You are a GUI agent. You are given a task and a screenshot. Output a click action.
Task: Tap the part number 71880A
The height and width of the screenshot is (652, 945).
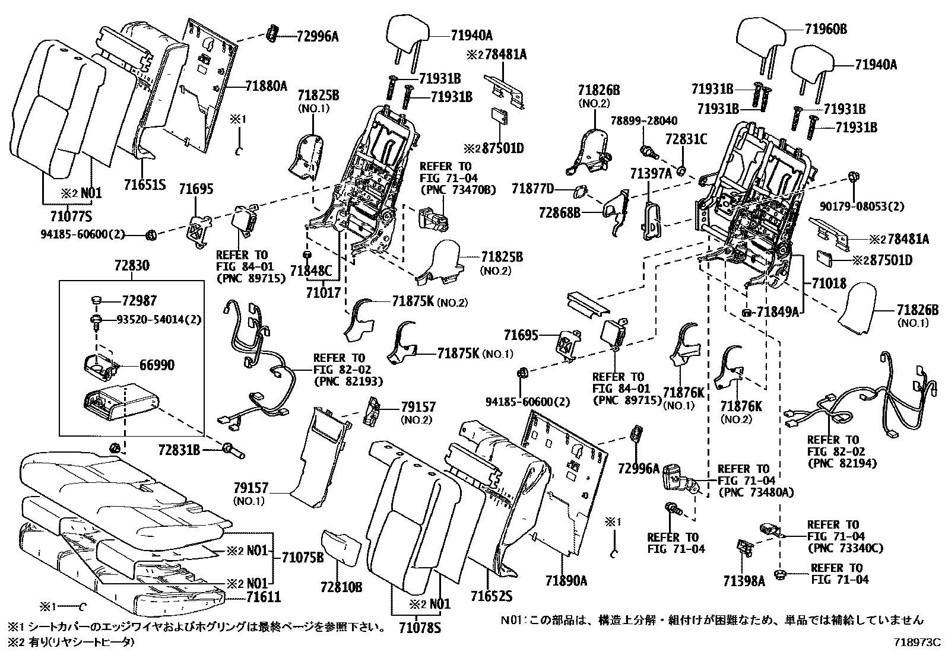click(x=266, y=87)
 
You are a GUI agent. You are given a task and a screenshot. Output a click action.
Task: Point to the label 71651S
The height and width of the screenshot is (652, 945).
click(x=145, y=185)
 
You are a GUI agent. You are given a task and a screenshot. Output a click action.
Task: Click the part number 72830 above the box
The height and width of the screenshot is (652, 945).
click(x=132, y=265)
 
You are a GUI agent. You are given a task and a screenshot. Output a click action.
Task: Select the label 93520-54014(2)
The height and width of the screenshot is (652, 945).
click(x=158, y=320)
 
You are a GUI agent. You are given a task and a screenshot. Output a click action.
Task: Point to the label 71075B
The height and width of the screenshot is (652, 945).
click(x=303, y=558)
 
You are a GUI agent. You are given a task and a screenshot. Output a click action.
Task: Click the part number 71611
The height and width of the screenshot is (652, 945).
click(x=264, y=597)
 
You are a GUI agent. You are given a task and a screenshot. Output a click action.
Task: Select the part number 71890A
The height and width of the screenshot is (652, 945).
click(x=566, y=581)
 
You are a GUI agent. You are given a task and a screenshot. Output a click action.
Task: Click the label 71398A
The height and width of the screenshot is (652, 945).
click(x=744, y=581)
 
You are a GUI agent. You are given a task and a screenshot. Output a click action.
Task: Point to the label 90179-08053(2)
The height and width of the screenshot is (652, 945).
click(x=862, y=206)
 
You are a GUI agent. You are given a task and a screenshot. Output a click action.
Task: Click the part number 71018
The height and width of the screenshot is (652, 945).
click(x=829, y=283)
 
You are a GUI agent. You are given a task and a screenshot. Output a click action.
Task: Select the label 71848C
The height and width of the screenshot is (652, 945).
click(x=311, y=271)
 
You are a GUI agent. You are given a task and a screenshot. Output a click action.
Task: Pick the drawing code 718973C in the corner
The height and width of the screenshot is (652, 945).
click(x=917, y=642)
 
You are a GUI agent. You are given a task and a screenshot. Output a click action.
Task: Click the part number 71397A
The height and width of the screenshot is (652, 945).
click(x=651, y=173)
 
